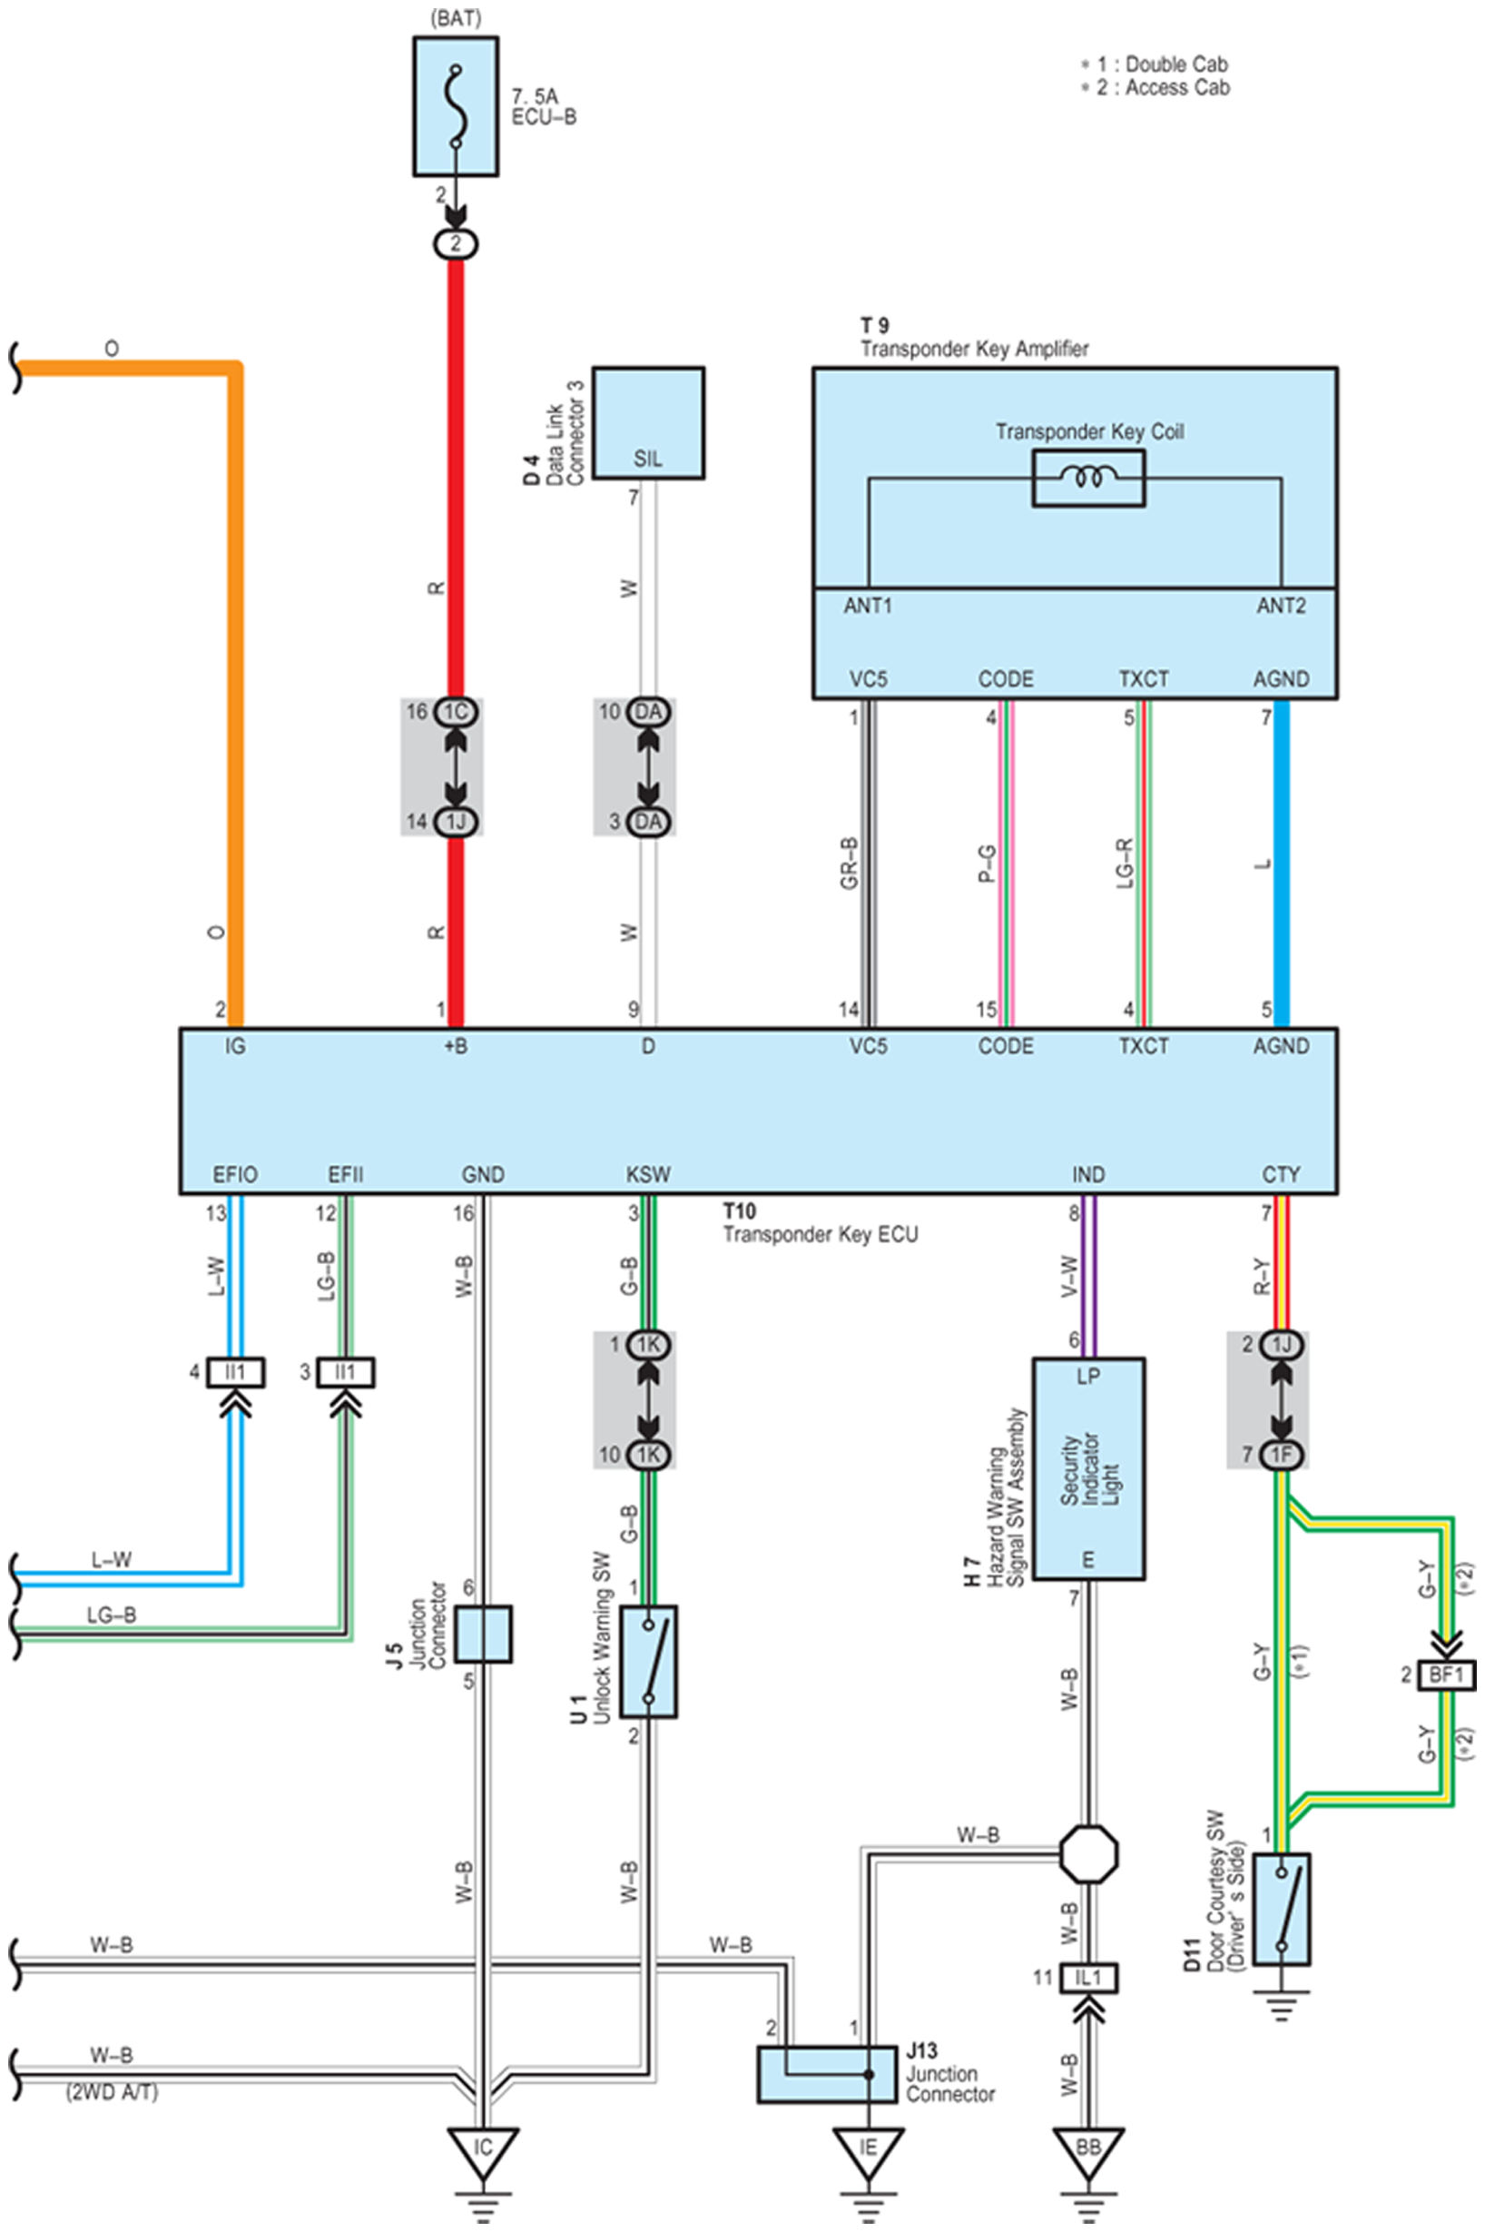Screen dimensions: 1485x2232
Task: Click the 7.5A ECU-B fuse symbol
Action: click(456, 106)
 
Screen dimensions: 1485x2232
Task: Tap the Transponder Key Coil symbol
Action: click(1088, 478)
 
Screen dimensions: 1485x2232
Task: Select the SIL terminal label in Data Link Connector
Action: click(648, 459)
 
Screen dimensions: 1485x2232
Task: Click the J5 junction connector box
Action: click(483, 1634)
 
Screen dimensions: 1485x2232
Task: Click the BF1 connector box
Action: click(1446, 1676)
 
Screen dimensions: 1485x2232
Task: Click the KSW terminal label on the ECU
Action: click(648, 1175)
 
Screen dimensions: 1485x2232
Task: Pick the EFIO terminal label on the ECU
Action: click(235, 1175)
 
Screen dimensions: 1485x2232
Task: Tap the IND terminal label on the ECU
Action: click(1088, 1175)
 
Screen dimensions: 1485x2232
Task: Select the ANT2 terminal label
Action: click(1282, 606)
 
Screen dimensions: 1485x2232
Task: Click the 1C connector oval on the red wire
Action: click(456, 712)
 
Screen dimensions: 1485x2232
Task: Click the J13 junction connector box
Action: click(827, 2075)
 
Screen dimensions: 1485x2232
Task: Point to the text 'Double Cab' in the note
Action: click(1176, 64)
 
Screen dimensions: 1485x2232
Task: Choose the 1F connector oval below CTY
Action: click(1282, 1454)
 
